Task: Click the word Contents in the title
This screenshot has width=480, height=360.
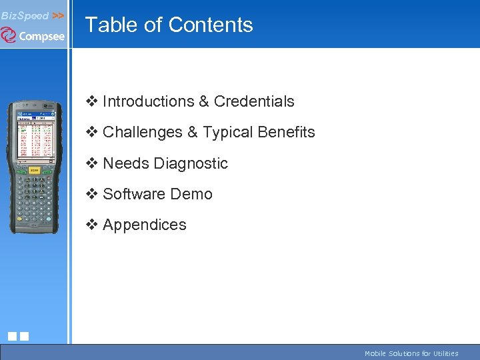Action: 211,25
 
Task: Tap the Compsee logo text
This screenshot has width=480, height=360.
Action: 41,36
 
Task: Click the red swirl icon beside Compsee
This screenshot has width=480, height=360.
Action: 9,35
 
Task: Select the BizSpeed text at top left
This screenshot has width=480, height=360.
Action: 25,15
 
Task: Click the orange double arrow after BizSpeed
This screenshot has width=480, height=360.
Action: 58,15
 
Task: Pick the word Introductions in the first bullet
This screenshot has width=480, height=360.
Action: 148,101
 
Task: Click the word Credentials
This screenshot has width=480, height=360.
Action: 254,101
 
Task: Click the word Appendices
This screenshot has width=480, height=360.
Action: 145,225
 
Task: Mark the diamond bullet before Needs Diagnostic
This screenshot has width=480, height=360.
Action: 91,163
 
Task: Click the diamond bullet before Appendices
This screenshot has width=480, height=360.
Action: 91,225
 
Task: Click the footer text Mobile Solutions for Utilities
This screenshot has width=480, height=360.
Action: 411,353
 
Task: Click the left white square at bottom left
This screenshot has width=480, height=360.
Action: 12,336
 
